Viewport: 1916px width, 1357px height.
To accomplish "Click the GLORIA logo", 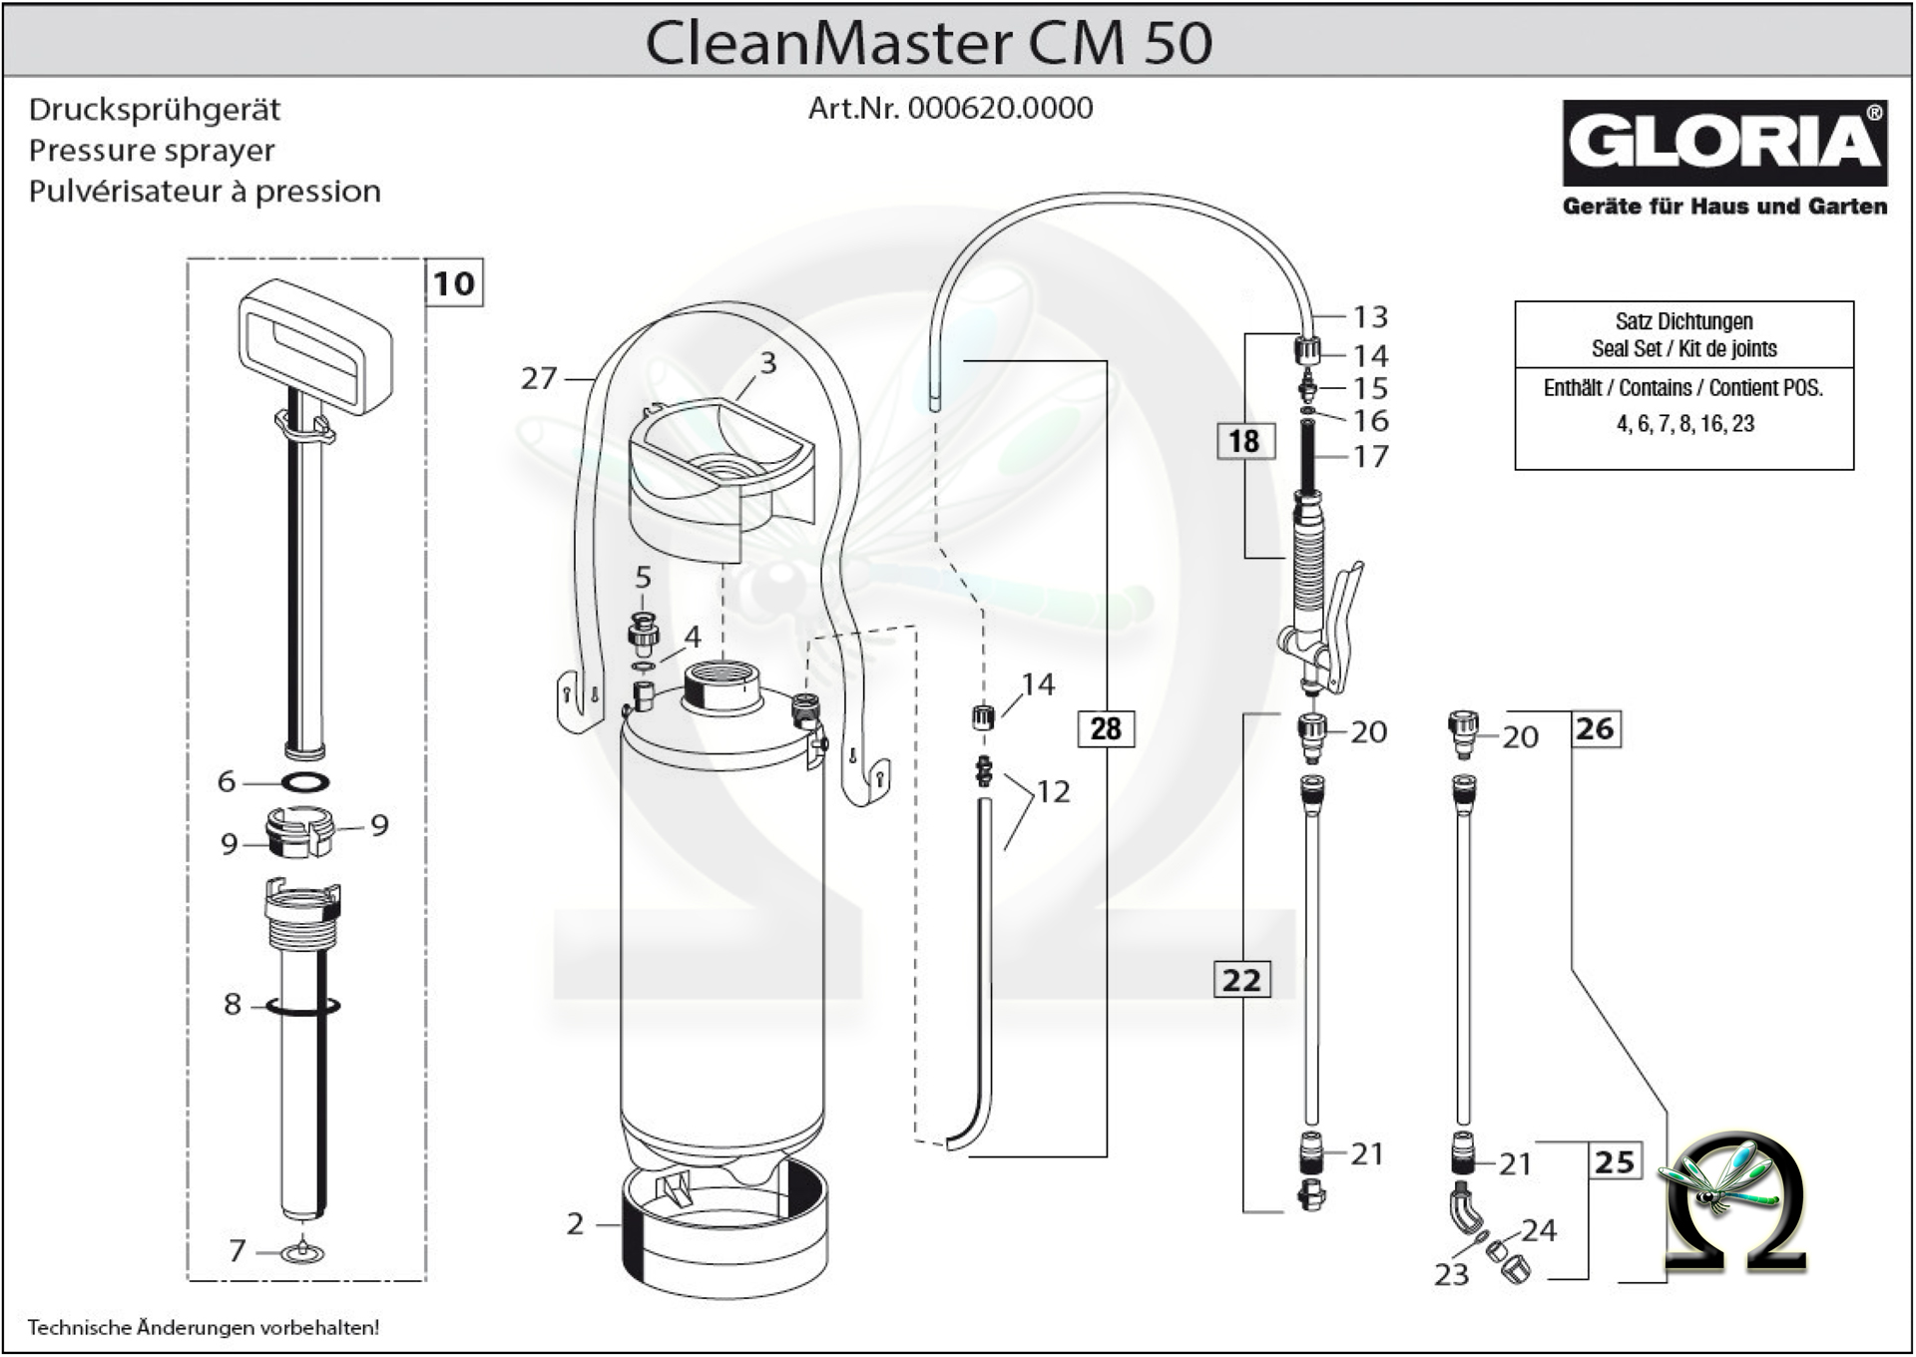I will (x=1723, y=143).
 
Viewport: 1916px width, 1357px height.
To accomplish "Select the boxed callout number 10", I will (x=454, y=283).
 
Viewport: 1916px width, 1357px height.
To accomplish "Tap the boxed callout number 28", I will (x=1105, y=728).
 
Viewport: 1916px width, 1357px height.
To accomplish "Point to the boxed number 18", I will (x=1243, y=441).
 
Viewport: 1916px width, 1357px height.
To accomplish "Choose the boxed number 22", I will (x=1241, y=980).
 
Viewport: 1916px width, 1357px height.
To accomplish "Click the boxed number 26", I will (x=1594, y=728).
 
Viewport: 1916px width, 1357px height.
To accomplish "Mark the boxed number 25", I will (x=1614, y=1161).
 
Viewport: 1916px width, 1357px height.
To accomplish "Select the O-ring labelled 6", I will (x=304, y=782).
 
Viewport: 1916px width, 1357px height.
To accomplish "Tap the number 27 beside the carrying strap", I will (x=539, y=378).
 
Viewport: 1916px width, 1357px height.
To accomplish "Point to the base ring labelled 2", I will (x=723, y=1232).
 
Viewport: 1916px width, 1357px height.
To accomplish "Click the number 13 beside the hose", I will (x=1370, y=316).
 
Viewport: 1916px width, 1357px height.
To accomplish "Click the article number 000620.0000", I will (x=1000, y=108).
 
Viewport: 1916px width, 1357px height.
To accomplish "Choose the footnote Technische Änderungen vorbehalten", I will (x=204, y=1327).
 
